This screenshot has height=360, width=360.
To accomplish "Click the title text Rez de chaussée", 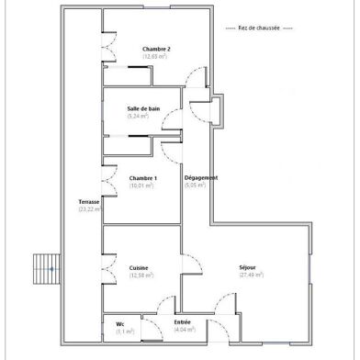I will click(264, 28).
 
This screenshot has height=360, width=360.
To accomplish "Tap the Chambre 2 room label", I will click(155, 49).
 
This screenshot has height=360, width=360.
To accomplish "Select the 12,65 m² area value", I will click(155, 56).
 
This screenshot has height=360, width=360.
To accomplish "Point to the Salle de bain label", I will click(143, 109).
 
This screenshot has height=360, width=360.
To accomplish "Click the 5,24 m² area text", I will click(143, 117).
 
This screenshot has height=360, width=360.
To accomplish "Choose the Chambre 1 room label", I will click(142, 178).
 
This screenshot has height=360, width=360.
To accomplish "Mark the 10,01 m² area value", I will click(142, 186).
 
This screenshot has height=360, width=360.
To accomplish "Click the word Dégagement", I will click(200, 177).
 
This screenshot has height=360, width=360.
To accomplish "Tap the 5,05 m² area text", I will click(197, 185).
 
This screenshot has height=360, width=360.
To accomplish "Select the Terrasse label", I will click(88, 201).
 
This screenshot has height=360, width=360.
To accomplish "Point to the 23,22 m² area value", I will click(89, 208).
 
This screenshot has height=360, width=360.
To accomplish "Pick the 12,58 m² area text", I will click(140, 276).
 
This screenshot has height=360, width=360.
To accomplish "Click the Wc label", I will click(120, 324).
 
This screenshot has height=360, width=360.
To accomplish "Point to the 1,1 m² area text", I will click(124, 332).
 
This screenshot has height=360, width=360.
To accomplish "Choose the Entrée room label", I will click(182, 322).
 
